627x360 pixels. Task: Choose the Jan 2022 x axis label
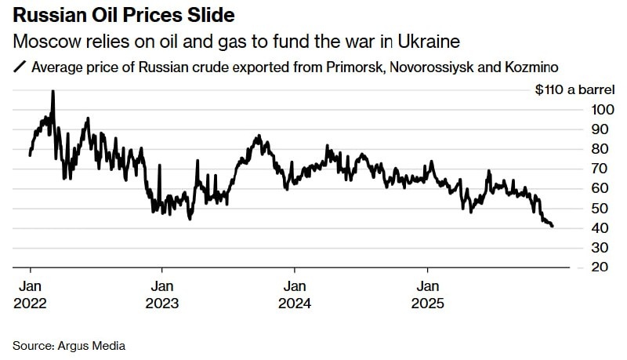[x=30, y=294]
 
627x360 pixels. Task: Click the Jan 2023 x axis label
[x=162, y=294]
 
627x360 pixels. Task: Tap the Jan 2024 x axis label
[x=295, y=294]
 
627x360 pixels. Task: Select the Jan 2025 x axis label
[x=427, y=294]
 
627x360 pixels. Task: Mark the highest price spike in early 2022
[x=53, y=92]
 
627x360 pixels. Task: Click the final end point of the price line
[x=553, y=226]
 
